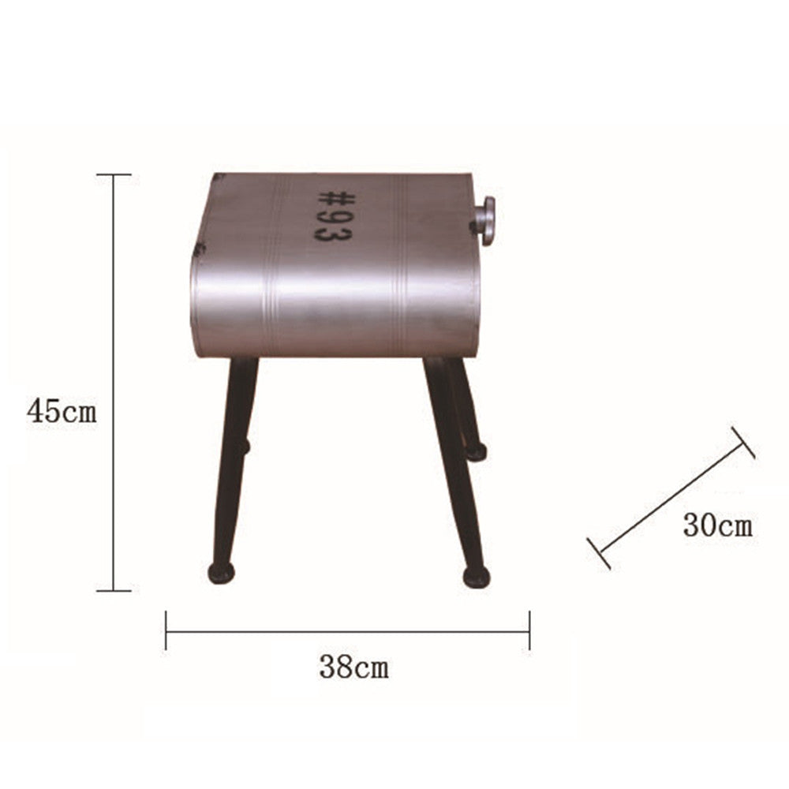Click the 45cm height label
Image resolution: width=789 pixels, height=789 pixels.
62,411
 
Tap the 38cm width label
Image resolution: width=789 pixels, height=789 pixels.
353,667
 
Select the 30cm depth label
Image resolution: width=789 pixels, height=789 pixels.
717,525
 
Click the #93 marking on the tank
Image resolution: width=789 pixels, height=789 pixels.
335,215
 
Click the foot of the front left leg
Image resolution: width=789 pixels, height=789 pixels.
221,572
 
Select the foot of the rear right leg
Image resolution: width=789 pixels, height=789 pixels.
476,451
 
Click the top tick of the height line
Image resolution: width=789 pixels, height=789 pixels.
114,174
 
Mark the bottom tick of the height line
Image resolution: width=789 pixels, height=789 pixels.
114,590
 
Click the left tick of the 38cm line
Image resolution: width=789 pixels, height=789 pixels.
166,630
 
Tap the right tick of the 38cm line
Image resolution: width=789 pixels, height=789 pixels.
529,630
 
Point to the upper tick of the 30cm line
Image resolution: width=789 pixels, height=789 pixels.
742,443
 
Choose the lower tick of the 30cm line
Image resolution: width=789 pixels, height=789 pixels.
599,552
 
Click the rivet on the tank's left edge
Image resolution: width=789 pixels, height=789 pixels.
199,249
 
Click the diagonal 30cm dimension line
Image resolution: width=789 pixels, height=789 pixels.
671,497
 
